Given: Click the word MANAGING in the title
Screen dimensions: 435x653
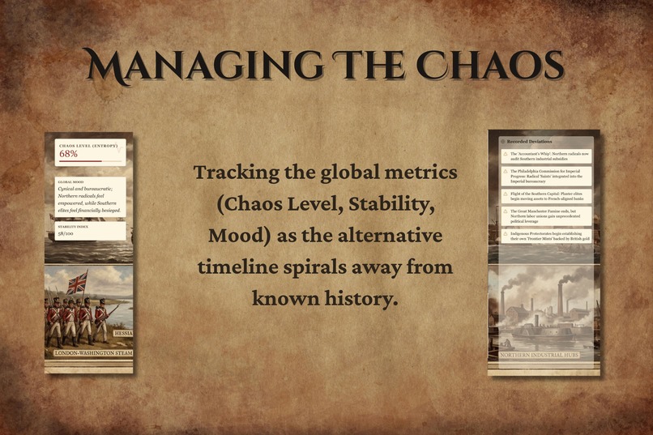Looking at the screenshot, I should click(x=182, y=65).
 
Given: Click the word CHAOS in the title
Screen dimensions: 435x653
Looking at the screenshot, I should click(x=493, y=65).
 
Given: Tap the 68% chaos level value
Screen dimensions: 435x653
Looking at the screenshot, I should click(x=68, y=154).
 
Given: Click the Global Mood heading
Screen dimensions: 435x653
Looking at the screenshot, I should click(x=71, y=182).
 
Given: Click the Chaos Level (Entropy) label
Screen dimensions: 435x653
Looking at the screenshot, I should click(x=88, y=145).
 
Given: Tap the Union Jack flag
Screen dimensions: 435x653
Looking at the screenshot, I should click(x=77, y=284).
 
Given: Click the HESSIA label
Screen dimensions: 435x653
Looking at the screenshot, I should click(x=122, y=334).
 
